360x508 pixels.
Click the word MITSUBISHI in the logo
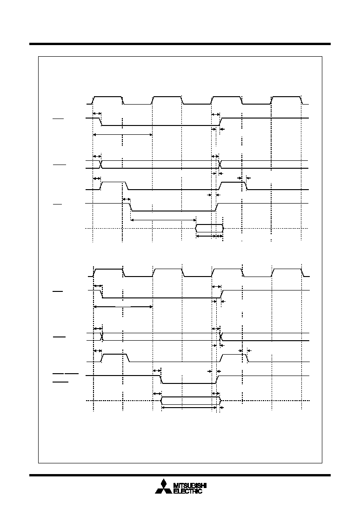pyautogui.click(x=190, y=485)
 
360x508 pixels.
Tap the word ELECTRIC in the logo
pyautogui.click(x=188, y=491)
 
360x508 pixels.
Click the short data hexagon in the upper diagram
pyautogui.click(x=209, y=228)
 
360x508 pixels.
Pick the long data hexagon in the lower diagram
pyautogui.click(x=190, y=401)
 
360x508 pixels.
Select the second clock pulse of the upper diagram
pyautogui.click(x=167, y=100)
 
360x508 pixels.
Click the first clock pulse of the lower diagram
pyautogui.click(x=108, y=272)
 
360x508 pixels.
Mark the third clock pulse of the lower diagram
pyautogui.click(x=227, y=272)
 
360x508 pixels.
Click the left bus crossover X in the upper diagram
pyautogui.click(x=100, y=164)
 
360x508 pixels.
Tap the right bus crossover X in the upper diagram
pyautogui.click(x=220, y=164)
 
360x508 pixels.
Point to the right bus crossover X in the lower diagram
pyautogui.click(x=221, y=336)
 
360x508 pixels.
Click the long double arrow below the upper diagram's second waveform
pyautogui.click(x=123, y=134)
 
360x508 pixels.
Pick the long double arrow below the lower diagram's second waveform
pyautogui.click(x=123, y=306)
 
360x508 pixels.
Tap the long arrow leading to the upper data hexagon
pyautogui.click(x=163, y=220)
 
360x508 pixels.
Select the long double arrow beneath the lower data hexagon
pyautogui.click(x=189, y=408)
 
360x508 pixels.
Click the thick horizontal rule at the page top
pyautogui.click(x=180, y=44)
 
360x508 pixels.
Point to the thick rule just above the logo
pyautogui.click(x=180, y=475)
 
